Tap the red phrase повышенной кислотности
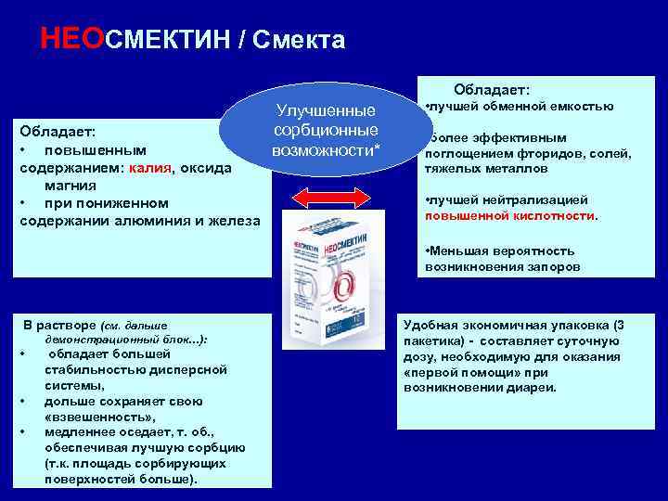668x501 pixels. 510,216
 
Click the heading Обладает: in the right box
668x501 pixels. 492,90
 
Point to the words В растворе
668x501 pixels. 59,326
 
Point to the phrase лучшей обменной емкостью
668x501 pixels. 521,106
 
